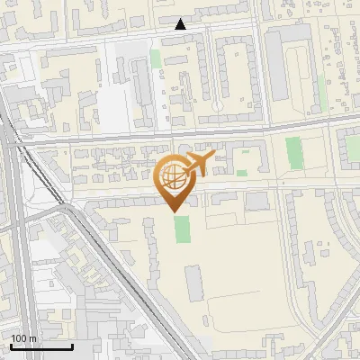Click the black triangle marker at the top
(x=181, y=25)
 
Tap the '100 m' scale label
(x=23, y=338)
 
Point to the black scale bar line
(x=40, y=346)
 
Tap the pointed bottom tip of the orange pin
(x=175, y=211)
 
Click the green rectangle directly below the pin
(x=183, y=228)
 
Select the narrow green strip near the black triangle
(x=156, y=58)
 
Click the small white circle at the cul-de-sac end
(x=217, y=106)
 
